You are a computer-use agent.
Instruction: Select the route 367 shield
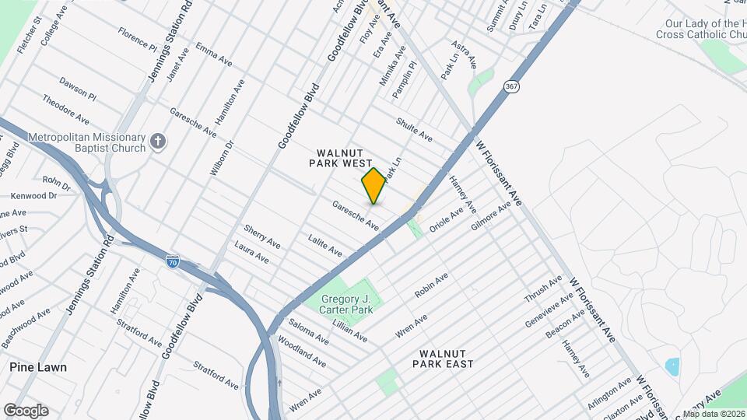pyautogui.click(x=510, y=86)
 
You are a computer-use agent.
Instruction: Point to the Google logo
pyautogui.click(x=26, y=410)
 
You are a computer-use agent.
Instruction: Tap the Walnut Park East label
pyautogui.click(x=443, y=359)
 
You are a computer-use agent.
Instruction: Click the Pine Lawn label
pyautogui.click(x=38, y=367)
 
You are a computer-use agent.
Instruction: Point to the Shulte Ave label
pyautogui.click(x=414, y=129)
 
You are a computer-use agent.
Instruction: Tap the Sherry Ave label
pyautogui.click(x=261, y=236)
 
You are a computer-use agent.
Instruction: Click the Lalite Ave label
pyautogui.click(x=324, y=245)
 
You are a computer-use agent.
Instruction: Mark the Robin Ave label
pyautogui.click(x=431, y=286)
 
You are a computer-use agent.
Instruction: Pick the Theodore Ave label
pyautogui.click(x=65, y=109)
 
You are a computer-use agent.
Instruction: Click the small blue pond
pyautogui.click(x=672, y=365)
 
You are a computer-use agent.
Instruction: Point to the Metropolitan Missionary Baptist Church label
pyautogui.click(x=86, y=143)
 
